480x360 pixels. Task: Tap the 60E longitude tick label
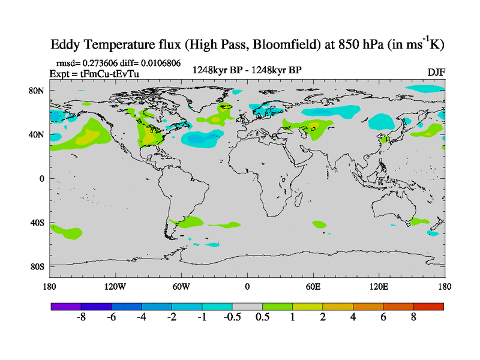point(313,286)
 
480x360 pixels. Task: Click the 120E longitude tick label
point(379,286)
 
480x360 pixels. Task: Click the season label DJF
point(436,73)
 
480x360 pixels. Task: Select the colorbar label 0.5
point(262,317)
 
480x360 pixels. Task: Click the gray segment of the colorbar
point(247,306)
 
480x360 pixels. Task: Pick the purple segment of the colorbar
point(65,306)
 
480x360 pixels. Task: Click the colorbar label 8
point(413,317)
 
